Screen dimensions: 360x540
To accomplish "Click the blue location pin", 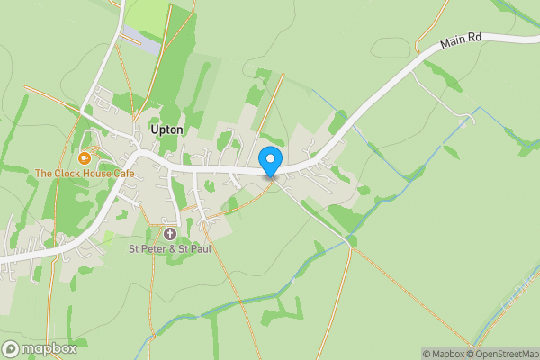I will (x=269, y=161).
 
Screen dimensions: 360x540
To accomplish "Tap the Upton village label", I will (x=167, y=130).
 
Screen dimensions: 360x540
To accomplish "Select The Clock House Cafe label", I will (x=85, y=173).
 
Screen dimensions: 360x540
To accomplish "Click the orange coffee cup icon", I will (x=84, y=157).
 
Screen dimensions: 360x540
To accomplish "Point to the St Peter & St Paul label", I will (x=169, y=248).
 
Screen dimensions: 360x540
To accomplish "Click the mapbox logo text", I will (x=49, y=349).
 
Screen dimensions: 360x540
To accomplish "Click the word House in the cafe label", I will (x=93, y=173).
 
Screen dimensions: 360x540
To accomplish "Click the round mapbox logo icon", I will (x=12, y=349).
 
